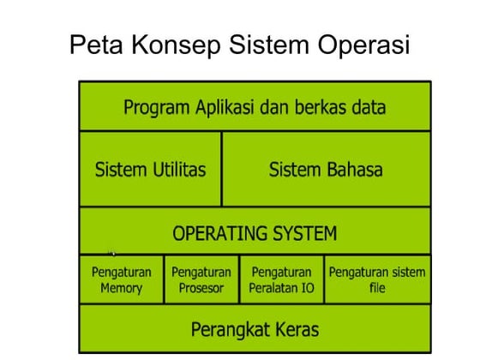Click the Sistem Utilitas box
click(150, 169)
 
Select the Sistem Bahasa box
click(326, 169)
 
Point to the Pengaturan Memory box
click(121, 279)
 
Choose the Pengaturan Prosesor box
click(201, 279)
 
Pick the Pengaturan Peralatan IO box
click(281, 279)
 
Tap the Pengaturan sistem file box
click(377, 279)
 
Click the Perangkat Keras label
click(255, 329)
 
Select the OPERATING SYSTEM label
click(255, 233)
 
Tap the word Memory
click(121, 288)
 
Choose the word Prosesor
click(201, 288)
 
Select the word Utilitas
click(177, 169)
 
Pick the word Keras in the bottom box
click(295, 329)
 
